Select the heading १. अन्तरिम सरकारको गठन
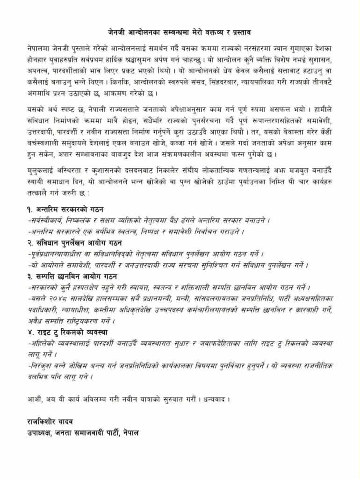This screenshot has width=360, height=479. (x=65, y=209)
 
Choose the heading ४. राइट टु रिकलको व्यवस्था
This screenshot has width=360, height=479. (x=72, y=333)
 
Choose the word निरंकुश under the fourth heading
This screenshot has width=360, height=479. (x=41, y=366)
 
